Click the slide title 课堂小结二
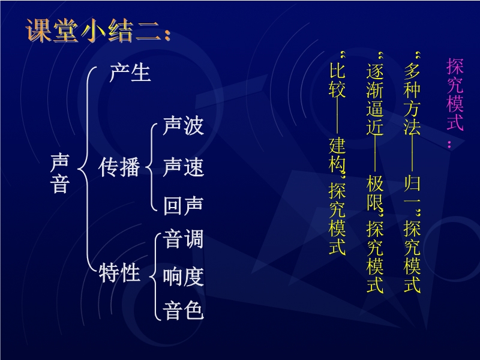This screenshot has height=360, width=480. pyautogui.click(x=94, y=31)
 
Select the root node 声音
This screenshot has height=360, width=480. pyautogui.click(x=59, y=173)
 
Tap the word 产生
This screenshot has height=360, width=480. pyautogui.click(x=130, y=73)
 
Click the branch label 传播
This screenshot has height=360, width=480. pyautogui.click(x=119, y=167)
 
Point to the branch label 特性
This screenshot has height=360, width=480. pyautogui.click(x=119, y=272)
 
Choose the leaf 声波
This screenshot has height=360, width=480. pyautogui.click(x=184, y=125)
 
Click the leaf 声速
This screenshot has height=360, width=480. pyautogui.click(x=184, y=167)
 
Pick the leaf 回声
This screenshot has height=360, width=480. pyautogui.click(x=184, y=205)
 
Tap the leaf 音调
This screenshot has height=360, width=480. pyautogui.click(x=183, y=239)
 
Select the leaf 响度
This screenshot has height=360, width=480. pyautogui.click(x=184, y=277)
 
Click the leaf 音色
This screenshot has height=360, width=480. pyautogui.click(x=183, y=310)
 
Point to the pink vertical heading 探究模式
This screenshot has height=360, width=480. pyautogui.click(x=455, y=94)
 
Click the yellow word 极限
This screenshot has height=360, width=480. pyautogui.click(x=374, y=193)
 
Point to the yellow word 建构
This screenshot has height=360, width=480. pyautogui.click(x=337, y=155)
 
